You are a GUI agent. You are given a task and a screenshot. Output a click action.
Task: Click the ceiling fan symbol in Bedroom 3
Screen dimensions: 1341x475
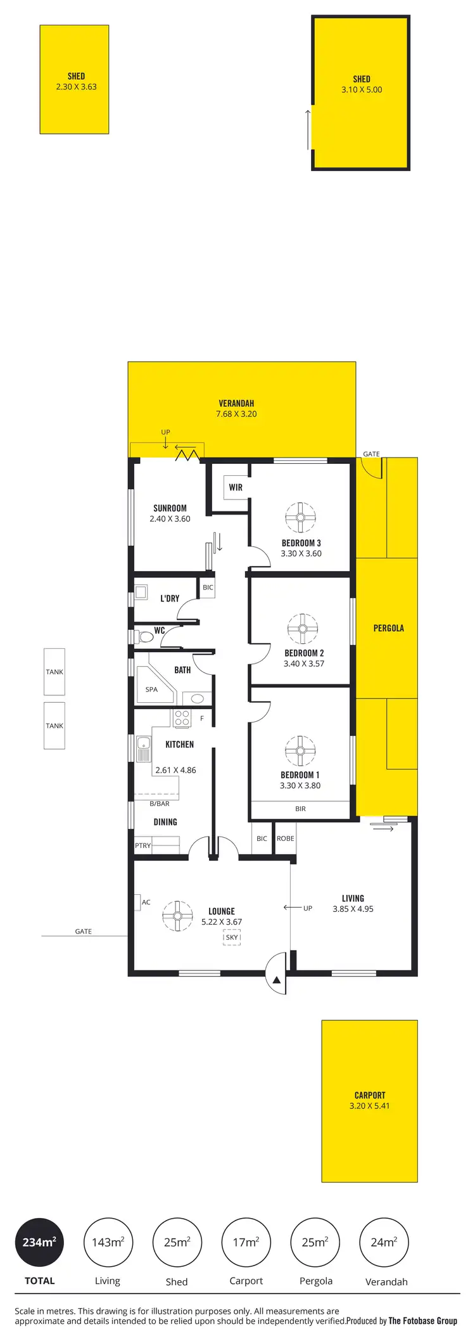click(300, 517)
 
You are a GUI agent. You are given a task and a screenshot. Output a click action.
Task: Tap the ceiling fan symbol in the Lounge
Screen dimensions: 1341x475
click(177, 916)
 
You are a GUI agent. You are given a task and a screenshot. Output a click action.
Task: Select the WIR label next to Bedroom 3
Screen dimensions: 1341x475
click(236, 487)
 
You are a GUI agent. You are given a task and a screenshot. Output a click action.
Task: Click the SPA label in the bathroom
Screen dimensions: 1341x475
click(151, 690)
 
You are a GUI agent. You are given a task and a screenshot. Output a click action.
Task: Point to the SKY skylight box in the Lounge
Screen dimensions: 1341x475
click(232, 937)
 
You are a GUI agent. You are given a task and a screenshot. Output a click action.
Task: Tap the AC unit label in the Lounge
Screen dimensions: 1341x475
click(146, 902)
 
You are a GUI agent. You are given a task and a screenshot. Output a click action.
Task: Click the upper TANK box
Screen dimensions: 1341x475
click(54, 672)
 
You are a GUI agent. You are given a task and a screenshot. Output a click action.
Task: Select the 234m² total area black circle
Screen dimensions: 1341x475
click(39, 1242)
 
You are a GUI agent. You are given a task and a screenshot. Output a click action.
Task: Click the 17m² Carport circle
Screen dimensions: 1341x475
click(246, 1242)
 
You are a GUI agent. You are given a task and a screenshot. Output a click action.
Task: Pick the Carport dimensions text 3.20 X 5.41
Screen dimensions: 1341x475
click(369, 1106)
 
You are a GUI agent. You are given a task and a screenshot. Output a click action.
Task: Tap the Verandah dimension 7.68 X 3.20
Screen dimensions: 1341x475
click(236, 414)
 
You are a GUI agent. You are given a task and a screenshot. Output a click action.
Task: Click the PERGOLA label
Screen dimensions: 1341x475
click(388, 628)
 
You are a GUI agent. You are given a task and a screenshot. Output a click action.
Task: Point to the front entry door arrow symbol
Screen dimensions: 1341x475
click(277, 980)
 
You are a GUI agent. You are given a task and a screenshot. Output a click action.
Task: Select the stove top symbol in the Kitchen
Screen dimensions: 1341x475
click(182, 718)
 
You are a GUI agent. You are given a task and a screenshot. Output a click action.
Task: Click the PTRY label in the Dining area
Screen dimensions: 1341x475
click(143, 845)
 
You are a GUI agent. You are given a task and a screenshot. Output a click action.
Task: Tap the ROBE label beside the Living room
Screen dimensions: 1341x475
click(285, 838)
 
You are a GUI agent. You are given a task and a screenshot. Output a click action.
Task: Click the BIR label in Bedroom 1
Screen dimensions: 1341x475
click(300, 809)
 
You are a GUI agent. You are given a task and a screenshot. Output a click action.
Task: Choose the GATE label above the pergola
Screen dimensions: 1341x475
click(371, 454)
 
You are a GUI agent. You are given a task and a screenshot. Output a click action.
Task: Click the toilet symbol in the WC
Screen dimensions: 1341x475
click(143, 636)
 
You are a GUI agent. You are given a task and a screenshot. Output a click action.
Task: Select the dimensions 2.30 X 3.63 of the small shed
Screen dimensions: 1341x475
click(76, 87)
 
